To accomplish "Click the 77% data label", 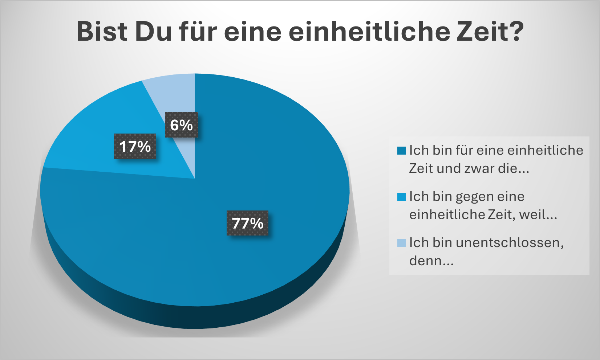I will point(248,223).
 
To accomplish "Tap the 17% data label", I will point(135,147).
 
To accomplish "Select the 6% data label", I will point(182,125).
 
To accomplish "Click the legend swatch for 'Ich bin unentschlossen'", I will point(401,243).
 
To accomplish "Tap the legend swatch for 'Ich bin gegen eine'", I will point(401,197).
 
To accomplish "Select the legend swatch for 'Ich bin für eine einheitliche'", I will point(401,151).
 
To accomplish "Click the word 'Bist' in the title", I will point(102,32).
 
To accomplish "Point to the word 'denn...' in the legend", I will point(431,261).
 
